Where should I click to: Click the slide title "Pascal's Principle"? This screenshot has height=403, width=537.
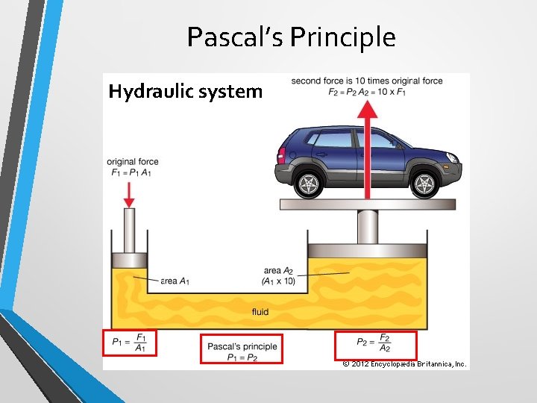[291, 37]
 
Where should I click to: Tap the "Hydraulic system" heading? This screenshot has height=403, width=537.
[186, 91]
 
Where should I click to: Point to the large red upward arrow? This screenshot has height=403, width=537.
[366, 149]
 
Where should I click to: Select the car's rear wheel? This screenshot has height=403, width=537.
[307, 183]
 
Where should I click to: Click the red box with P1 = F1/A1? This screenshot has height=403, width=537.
[129, 344]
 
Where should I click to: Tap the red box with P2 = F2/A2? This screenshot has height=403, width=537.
[376, 344]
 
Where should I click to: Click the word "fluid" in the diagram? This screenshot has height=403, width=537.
[260, 312]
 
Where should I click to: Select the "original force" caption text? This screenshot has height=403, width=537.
[133, 162]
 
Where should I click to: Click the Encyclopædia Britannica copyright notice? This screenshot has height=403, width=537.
[404, 364]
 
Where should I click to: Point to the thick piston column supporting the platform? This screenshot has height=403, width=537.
[368, 227]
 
